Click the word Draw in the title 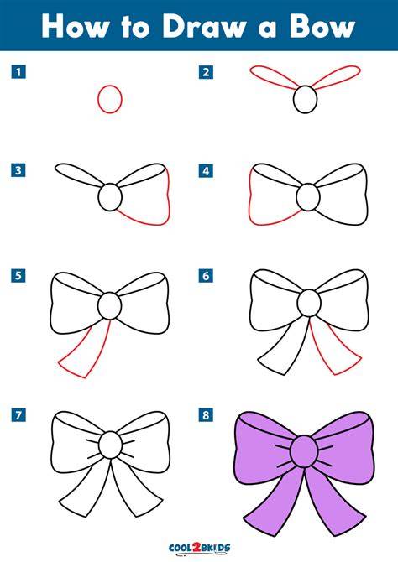(202, 26)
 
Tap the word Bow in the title (322, 26)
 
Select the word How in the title (74, 26)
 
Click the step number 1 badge (18, 72)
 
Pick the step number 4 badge (206, 170)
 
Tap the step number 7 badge (18, 415)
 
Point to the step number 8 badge (206, 415)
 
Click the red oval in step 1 (98, 99)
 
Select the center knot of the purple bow (304, 451)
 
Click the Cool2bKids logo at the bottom (199, 548)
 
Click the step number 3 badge (18, 170)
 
